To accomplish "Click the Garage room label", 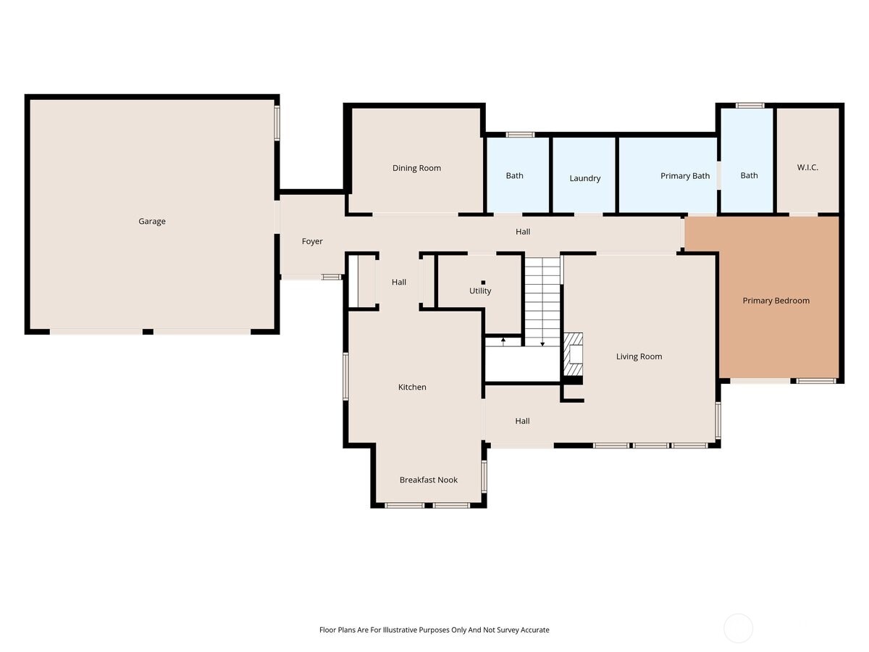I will [x=152, y=221].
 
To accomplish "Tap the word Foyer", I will [x=312, y=241].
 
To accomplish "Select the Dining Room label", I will [x=416, y=168].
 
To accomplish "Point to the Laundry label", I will [x=584, y=178].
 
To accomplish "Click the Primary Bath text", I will [x=684, y=176].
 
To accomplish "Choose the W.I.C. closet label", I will [x=807, y=167].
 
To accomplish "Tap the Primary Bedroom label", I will [x=776, y=301].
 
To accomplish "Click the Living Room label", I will [x=639, y=356].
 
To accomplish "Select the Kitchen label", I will [x=412, y=387].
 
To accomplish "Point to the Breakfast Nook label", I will [x=429, y=480].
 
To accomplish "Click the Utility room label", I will [x=480, y=291].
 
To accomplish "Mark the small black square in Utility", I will [x=483, y=283].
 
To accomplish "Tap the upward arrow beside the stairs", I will [x=503, y=340].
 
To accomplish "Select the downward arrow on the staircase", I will [x=542, y=343].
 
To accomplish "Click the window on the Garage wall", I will [x=277, y=122].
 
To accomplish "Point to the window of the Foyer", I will [x=332, y=277].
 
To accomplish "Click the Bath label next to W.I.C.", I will [x=749, y=175].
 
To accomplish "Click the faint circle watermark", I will [x=739, y=628].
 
